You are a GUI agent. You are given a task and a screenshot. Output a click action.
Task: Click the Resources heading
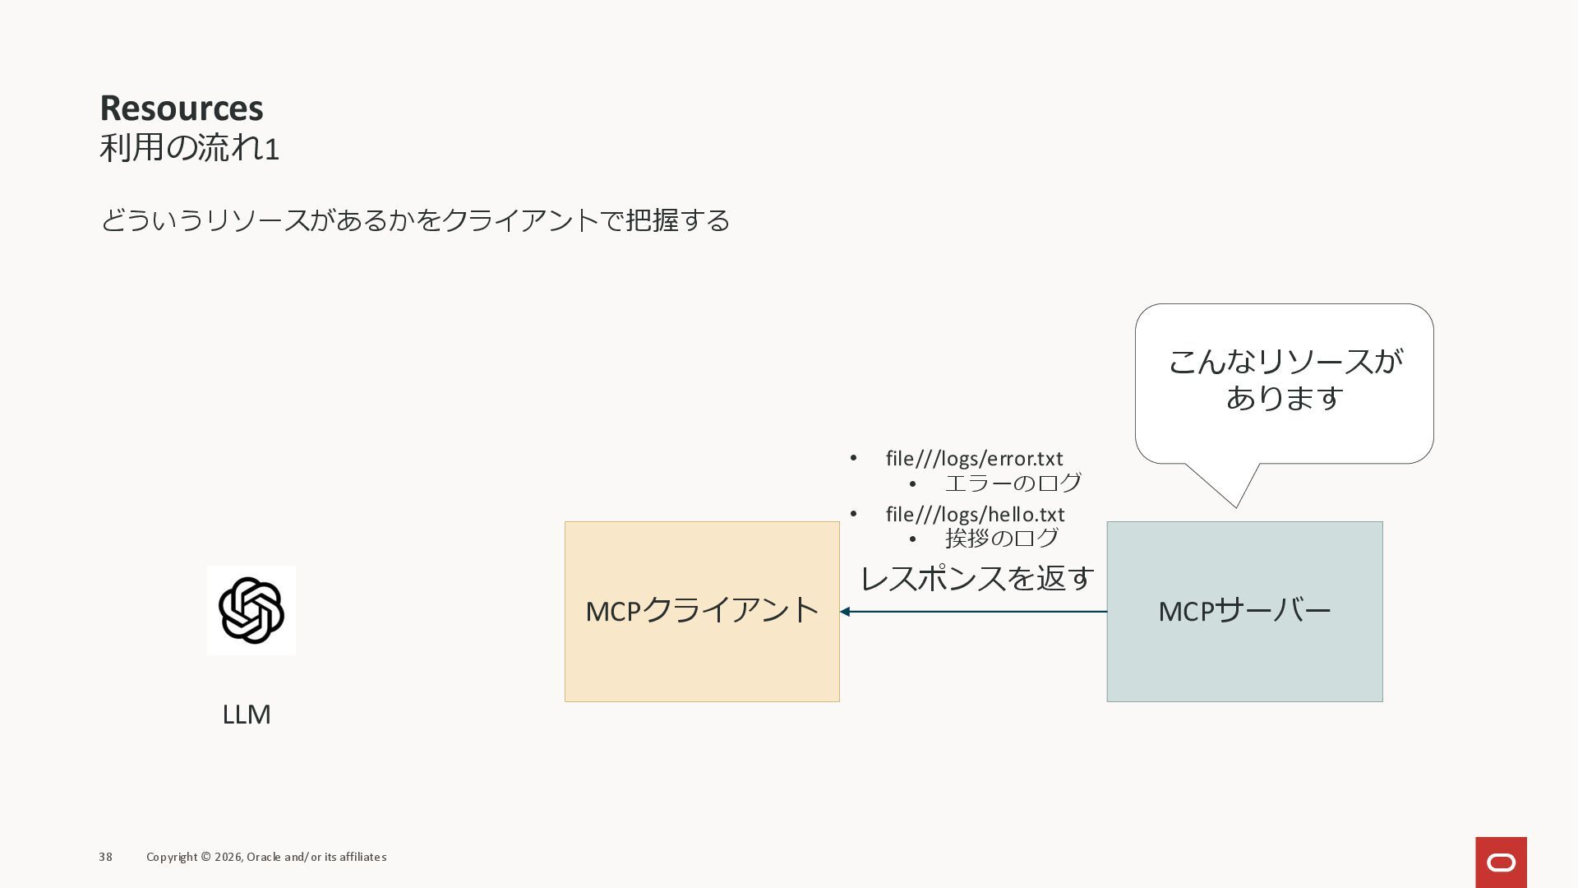point(182,108)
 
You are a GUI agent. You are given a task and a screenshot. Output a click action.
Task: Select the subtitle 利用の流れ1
point(190,149)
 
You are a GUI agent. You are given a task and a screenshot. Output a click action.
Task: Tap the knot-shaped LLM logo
point(251,610)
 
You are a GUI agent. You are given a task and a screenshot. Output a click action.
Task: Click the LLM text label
point(247,715)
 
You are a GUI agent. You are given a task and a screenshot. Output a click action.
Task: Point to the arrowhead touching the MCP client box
point(845,612)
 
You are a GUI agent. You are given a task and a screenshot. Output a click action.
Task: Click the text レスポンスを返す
point(977,578)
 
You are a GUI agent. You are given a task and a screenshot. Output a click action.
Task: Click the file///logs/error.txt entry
point(974,459)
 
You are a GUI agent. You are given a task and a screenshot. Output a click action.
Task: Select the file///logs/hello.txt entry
point(975,515)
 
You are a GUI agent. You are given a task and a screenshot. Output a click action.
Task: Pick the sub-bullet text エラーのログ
point(1013,483)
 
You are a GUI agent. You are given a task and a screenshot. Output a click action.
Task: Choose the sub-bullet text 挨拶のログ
point(1002,539)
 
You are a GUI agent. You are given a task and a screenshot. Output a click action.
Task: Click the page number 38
point(106,857)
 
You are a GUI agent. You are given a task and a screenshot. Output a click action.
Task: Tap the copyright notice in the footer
point(266,857)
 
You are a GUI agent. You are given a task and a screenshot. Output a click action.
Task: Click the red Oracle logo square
point(1501,863)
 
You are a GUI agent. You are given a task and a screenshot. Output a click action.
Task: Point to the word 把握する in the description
point(677,220)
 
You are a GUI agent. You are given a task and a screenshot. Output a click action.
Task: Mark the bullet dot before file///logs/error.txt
point(854,458)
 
